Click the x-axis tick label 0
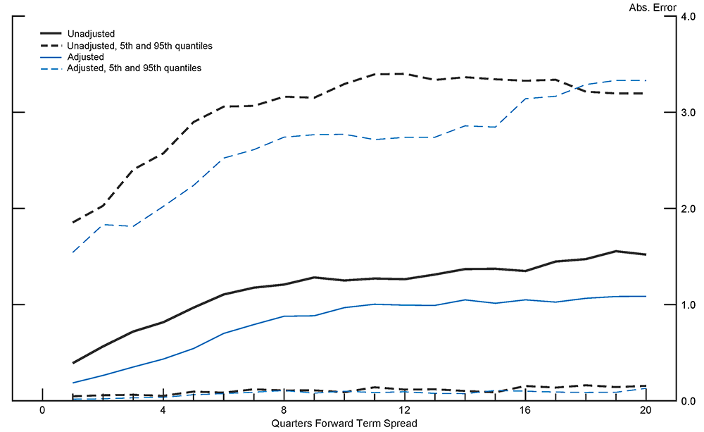click(x=42, y=411)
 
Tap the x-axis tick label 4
click(x=163, y=411)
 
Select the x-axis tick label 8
click(x=284, y=411)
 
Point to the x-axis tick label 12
click(x=405, y=411)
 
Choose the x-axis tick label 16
click(x=525, y=411)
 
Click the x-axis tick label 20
click(x=646, y=411)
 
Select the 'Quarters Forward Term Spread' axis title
click(x=344, y=423)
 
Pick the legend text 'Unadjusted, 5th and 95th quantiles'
click(x=139, y=45)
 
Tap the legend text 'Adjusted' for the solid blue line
click(x=85, y=57)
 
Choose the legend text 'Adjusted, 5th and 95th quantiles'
click(x=134, y=68)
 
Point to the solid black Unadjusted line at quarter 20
click(x=646, y=254)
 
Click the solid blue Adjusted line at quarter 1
click(x=73, y=383)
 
